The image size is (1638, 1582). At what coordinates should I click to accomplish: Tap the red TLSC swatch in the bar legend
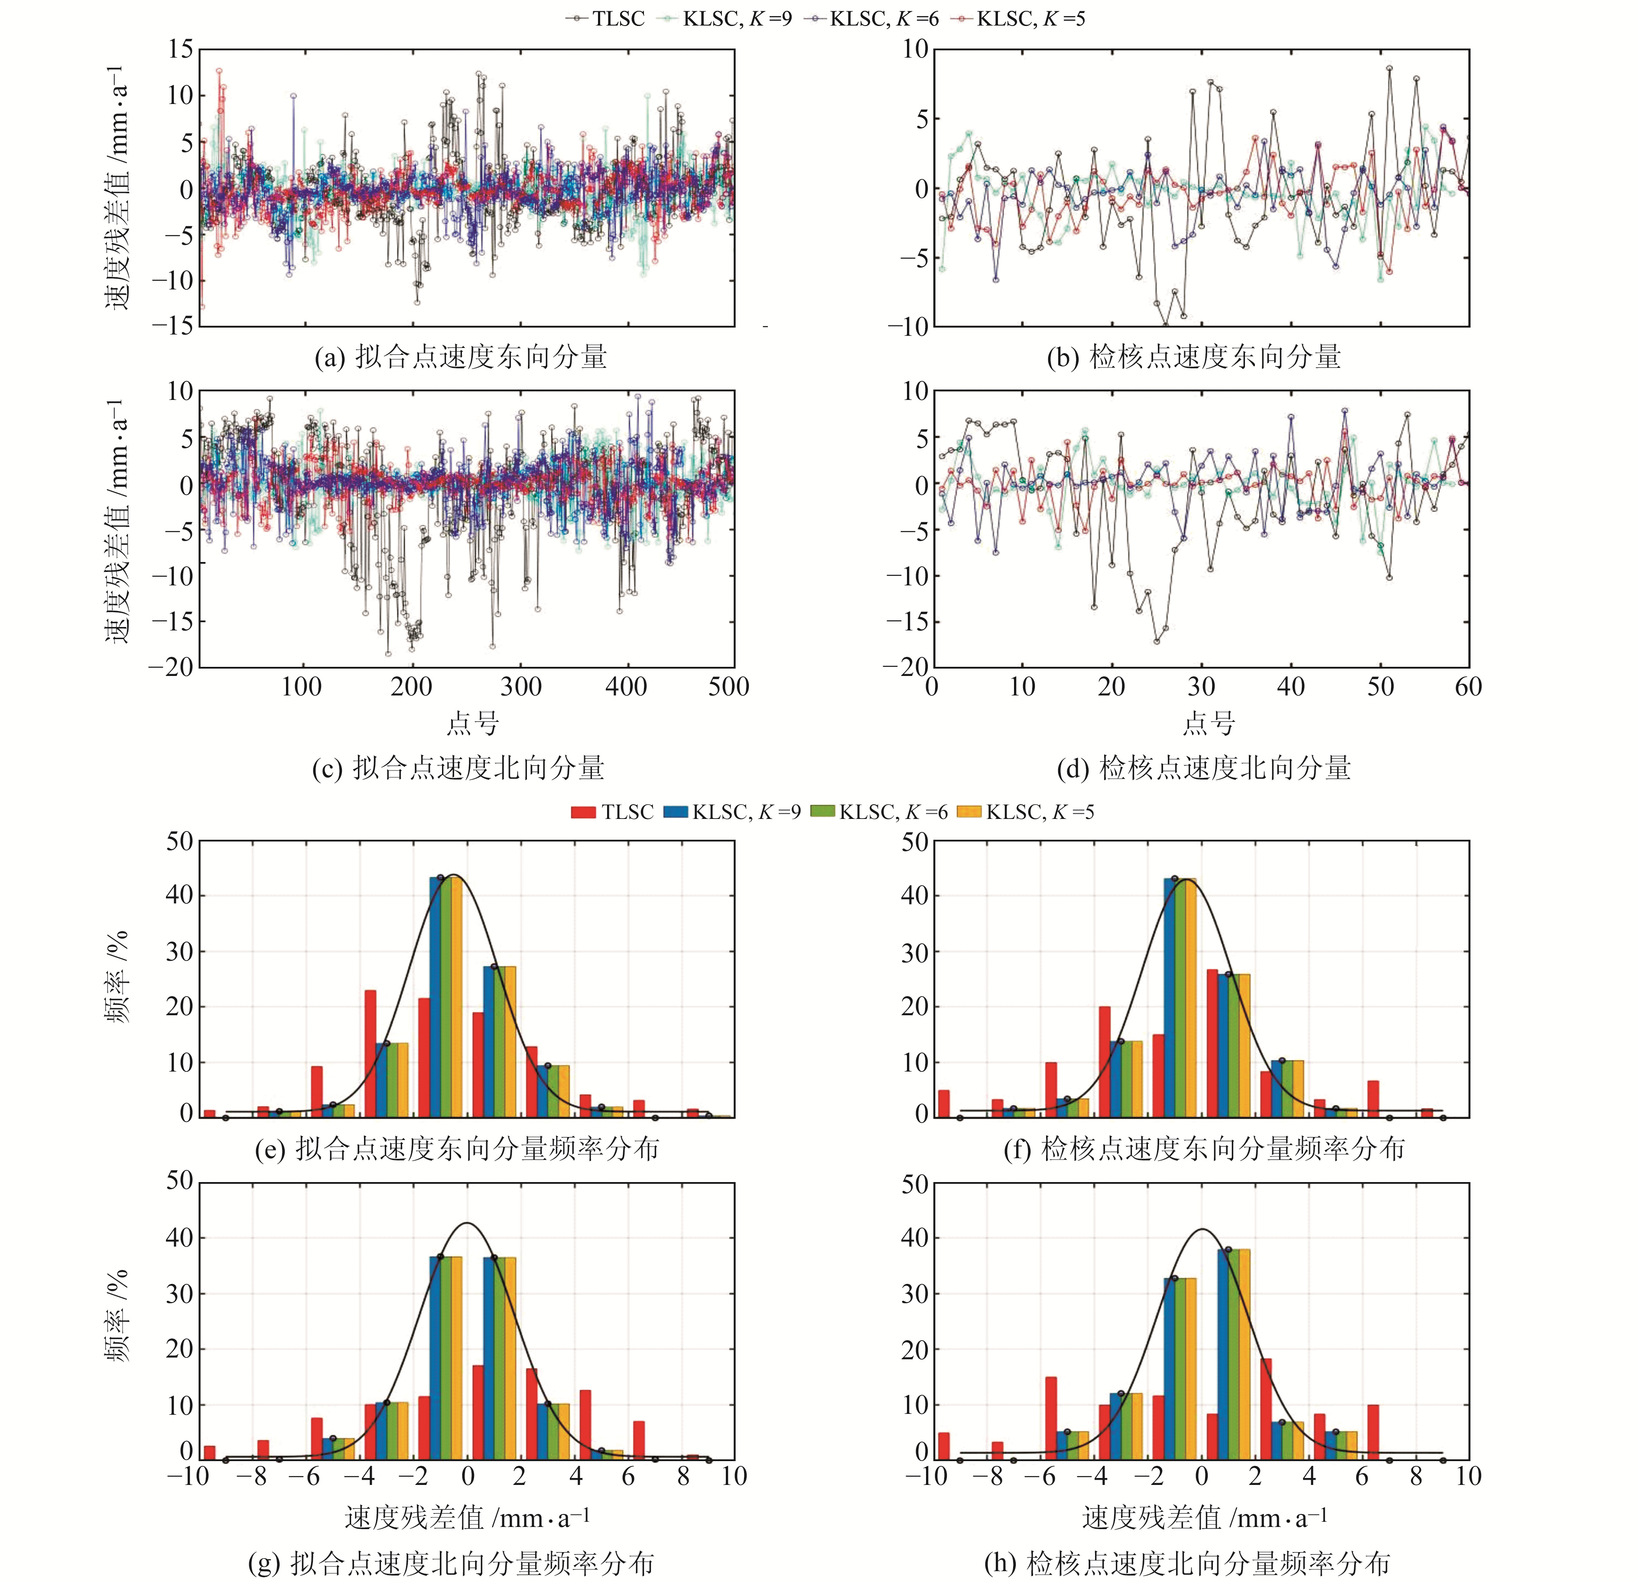click(x=583, y=812)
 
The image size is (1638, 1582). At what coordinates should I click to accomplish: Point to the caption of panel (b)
click(x=1193, y=357)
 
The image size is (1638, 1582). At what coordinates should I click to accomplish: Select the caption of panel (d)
click(x=1203, y=767)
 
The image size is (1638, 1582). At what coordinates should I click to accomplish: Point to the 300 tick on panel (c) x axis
click(x=521, y=687)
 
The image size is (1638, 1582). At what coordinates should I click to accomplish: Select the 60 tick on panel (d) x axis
click(x=1468, y=687)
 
